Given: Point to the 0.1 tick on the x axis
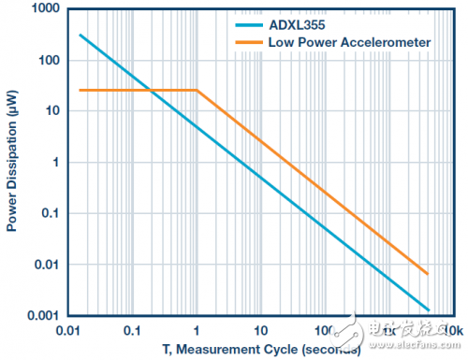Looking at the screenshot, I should (132, 330).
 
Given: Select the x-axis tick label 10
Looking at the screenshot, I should (260, 330).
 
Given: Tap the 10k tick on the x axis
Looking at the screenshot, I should (452, 330).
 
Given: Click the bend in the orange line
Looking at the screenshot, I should (197, 91).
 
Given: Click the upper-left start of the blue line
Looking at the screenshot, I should (80, 35).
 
